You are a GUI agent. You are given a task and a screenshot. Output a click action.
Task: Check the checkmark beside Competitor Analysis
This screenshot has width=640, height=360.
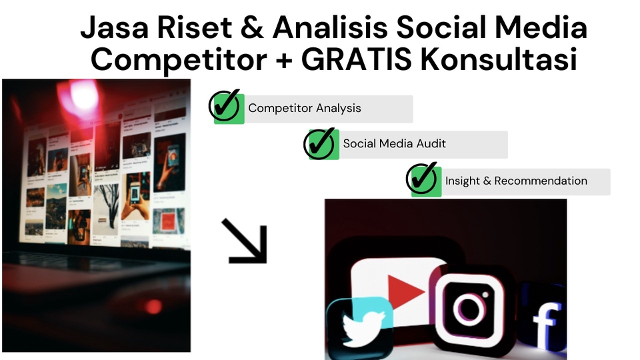(x=225, y=107)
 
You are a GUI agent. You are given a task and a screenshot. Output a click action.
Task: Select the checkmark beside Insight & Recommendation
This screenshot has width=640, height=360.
(x=423, y=179)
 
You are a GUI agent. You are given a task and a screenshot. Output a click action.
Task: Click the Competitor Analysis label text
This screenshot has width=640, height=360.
(x=304, y=108)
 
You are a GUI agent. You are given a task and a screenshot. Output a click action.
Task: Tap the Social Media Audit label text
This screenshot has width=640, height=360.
(x=395, y=143)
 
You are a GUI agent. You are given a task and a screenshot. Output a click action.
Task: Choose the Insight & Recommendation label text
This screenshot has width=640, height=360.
(x=516, y=181)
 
